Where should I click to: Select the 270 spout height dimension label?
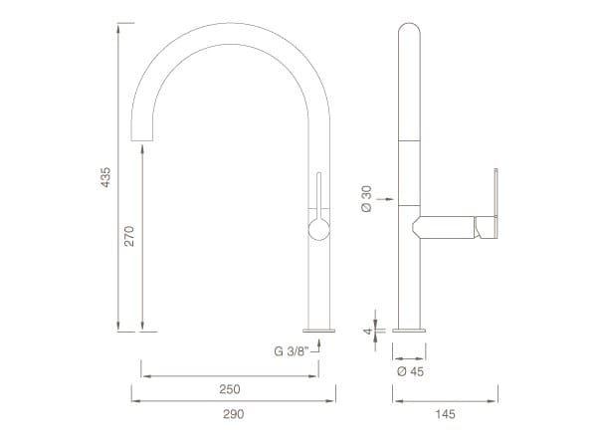pos(129,236)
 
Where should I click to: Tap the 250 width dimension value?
pos(231,389)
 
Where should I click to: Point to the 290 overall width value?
pos(231,413)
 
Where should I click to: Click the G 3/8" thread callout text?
pos(291,349)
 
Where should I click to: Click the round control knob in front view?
pos(319,230)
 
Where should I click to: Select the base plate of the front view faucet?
pos(319,329)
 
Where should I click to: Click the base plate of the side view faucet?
pos(410,329)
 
